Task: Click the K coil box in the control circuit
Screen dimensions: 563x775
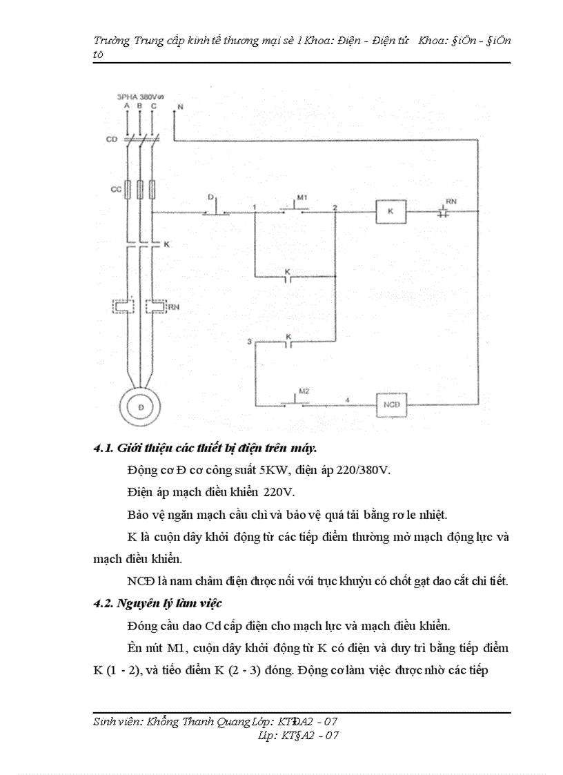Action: pos(390,212)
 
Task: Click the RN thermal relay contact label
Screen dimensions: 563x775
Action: pos(451,201)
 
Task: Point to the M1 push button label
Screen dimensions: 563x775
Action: pos(301,198)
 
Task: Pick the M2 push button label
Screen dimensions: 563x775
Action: pos(304,391)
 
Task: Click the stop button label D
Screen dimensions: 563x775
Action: pos(210,197)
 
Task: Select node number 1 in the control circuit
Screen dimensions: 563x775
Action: pos(255,207)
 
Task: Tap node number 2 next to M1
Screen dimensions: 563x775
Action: pos(335,207)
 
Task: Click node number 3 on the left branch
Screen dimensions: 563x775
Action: pos(250,341)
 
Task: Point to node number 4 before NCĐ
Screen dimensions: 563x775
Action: pos(347,400)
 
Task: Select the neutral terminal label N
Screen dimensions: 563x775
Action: pos(180,107)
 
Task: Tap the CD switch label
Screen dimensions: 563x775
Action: pos(110,139)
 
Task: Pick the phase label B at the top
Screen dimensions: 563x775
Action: pos(140,106)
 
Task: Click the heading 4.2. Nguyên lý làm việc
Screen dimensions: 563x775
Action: pos(158,603)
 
